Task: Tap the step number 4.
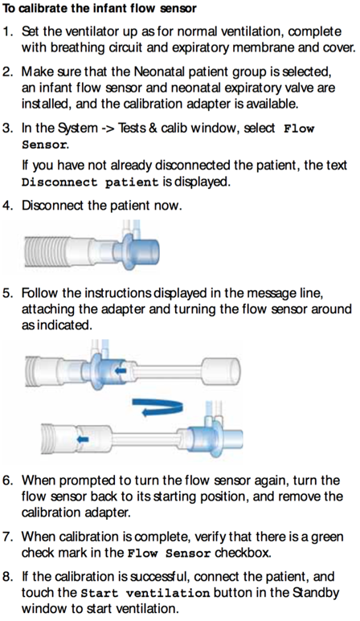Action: (x=7, y=205)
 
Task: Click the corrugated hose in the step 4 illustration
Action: (x=68, y=251)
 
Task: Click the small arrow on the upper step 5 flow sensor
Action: (x=118, y=371)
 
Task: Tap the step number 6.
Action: (x=7, y=480)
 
